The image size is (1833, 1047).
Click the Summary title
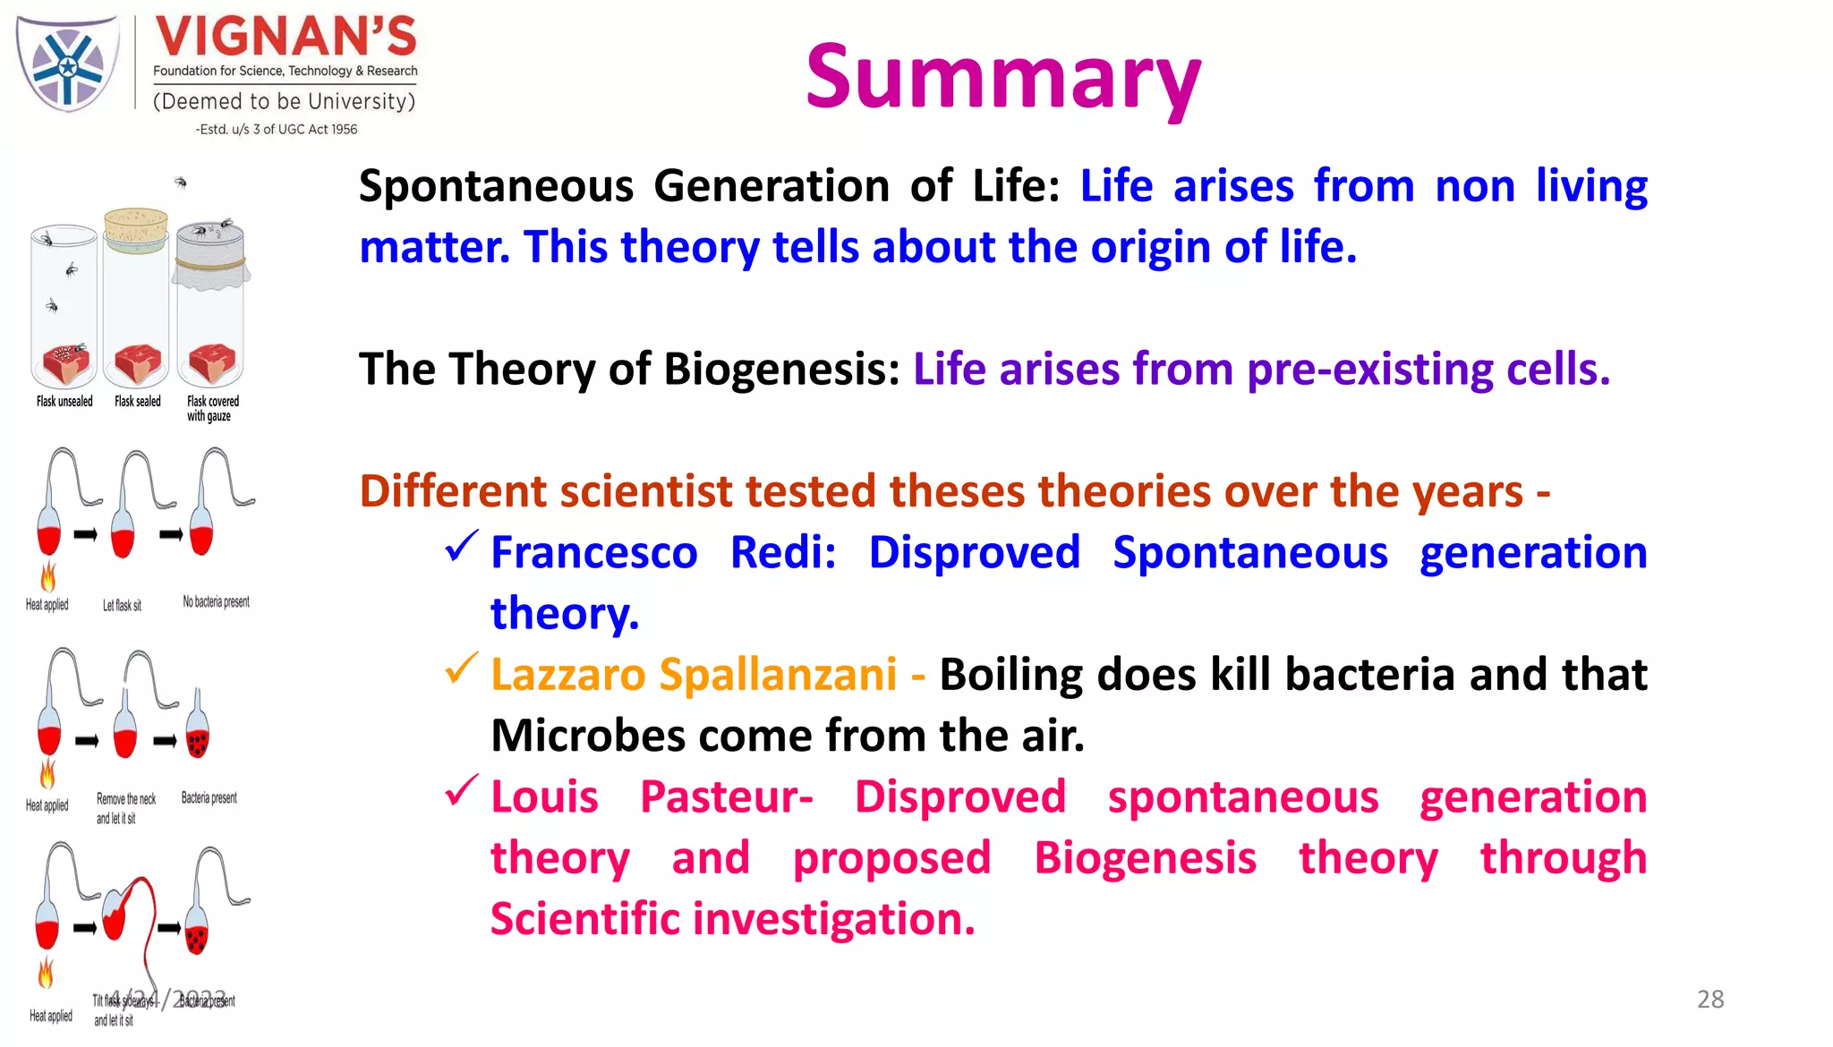1002,79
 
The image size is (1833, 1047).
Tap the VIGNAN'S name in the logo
286,38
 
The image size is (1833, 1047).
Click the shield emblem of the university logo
67,64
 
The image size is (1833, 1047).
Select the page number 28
1709,1000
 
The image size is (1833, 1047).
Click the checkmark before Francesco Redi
462,546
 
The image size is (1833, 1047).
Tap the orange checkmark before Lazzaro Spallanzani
462,668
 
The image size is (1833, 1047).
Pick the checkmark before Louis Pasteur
462,790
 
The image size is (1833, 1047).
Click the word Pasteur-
726,796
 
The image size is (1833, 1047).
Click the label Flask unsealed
64,402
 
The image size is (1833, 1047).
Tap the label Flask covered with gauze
212,409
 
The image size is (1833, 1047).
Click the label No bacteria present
216,602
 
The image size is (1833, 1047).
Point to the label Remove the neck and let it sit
125,808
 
